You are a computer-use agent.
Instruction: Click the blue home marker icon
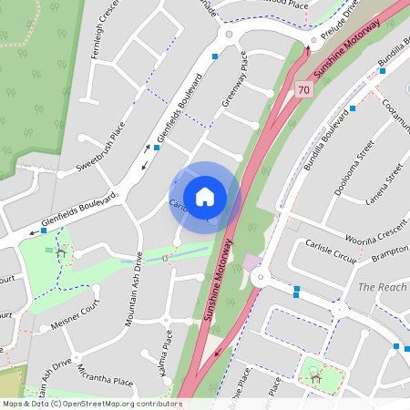(x=205, y=196)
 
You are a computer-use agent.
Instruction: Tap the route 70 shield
(x=304, y=89)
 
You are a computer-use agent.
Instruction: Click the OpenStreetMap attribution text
(x=92, y=403)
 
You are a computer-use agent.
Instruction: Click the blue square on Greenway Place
(x=215, y=56)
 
